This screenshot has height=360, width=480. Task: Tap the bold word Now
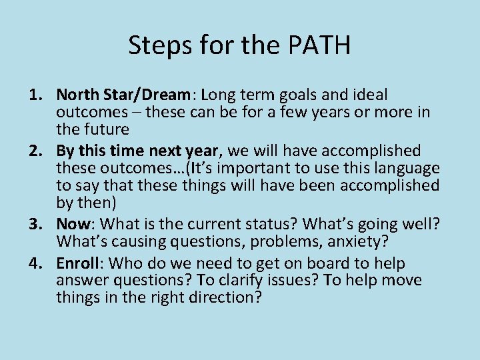point(72,225)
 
